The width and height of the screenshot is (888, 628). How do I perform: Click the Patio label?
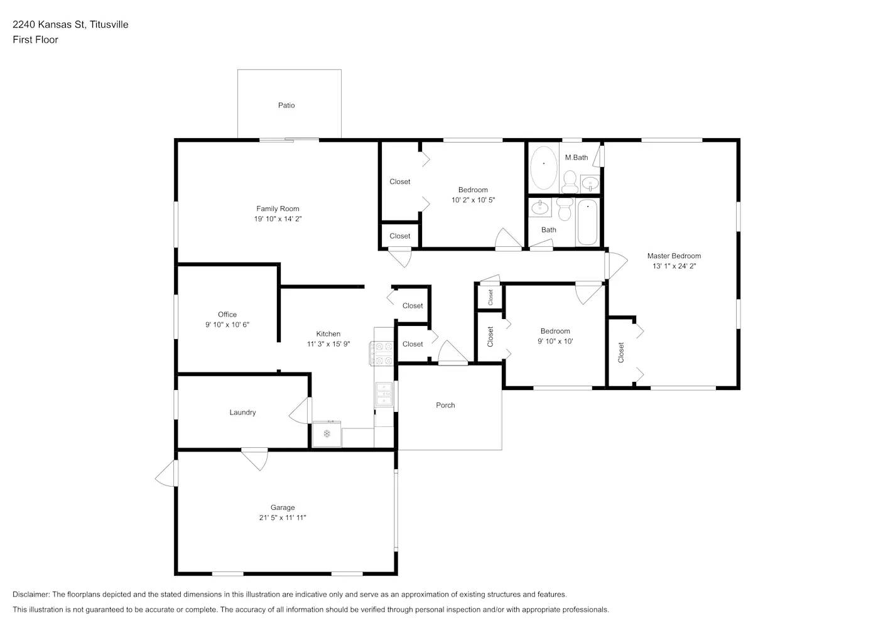[x=286, y=106]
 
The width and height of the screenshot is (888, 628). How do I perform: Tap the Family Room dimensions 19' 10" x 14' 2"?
[x=278, y=219]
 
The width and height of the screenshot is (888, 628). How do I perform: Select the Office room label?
[x=227, y=315]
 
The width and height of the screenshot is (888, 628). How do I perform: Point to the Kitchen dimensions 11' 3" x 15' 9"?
[x=328, y=344]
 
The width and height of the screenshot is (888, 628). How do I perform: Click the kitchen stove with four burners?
[x=381, y=354]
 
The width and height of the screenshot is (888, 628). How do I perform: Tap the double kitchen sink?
[x=383, y=394]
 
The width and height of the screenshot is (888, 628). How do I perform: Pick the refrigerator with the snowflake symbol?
[x=327, y=434]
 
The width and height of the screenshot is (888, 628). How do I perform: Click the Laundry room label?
[x=242, y=413]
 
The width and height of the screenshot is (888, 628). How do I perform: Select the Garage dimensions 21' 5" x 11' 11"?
[x=283, y=518]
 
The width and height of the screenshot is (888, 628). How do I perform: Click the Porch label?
[x=445, y=405]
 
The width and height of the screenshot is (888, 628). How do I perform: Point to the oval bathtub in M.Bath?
[x=543, y=168]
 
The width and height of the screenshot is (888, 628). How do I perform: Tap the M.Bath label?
[x=577, y=158]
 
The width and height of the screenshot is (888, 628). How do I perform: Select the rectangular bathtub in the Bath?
[x=587, y=222]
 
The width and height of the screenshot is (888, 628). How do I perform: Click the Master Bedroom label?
[x=674, y=256]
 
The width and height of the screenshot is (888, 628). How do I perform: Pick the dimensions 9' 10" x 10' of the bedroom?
[x=555, y=342]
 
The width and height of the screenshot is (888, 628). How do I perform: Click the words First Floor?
[x=35, y=40]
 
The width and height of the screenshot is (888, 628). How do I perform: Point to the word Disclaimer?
[x=31, y=594]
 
